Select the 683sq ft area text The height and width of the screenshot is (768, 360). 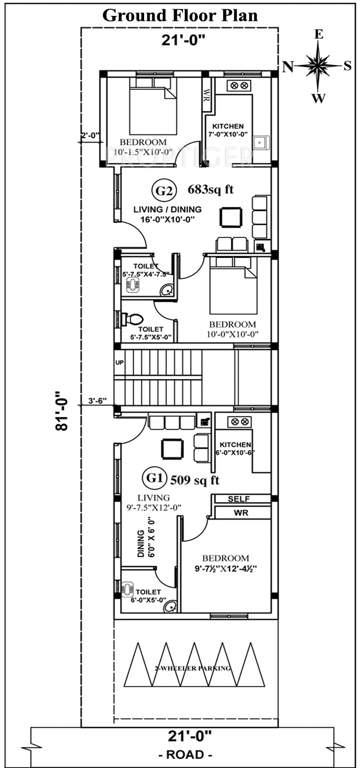pyautogui.click(x=210, y=189)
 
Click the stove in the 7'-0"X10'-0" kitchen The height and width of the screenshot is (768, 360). pyautogui.click(x=240, y=87)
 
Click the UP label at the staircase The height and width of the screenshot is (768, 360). pyautogui.click(x=120, y=362)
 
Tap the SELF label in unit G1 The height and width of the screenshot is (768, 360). pyautogui.click(x=238, y=498)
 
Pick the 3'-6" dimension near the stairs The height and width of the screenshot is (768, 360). pyautogui.click(x=96, y=401)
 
